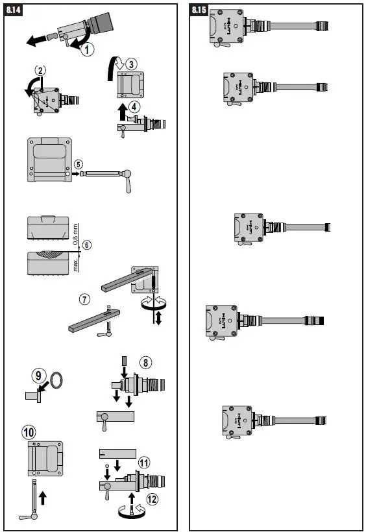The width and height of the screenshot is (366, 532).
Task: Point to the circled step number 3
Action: coord(132,64)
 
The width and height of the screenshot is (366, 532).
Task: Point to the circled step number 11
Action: coord(143,463)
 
